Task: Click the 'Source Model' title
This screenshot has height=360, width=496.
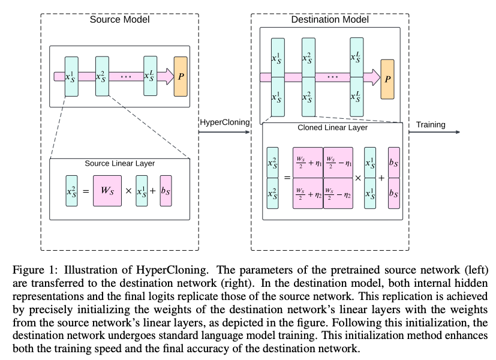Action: [119, 19]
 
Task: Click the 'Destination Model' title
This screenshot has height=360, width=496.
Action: [329, 19]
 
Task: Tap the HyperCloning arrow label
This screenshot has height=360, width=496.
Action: [224, 122]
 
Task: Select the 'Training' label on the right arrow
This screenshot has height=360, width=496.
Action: [431, 125]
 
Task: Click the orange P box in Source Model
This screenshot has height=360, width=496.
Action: [180, 77]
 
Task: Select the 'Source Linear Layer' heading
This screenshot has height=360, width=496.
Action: [119, 163]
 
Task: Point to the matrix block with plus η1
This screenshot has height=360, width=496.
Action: [307, 162]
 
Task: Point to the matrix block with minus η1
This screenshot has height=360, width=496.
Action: [338, 162]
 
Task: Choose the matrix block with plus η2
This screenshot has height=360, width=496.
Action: [307, 193]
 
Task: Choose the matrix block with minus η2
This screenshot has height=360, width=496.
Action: [338, 193]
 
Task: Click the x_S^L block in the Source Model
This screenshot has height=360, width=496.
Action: [150, 77]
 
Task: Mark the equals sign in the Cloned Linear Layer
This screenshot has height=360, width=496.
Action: [286, 178]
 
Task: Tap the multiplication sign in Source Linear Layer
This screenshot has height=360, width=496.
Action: [128, 192]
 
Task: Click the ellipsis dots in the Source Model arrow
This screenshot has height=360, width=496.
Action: [126, 77]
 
